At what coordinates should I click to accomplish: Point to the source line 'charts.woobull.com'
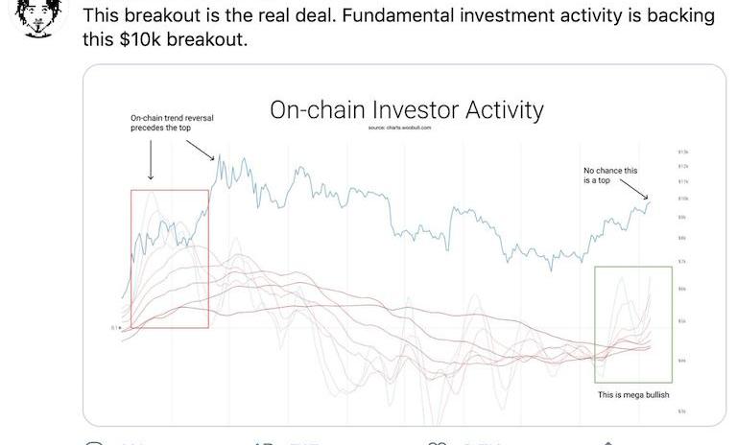pyautogui.click(x=407, y=127)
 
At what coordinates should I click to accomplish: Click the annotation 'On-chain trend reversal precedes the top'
pyautogui.click(x=172, y=123)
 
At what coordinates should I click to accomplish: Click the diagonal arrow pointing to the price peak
pyautogui.click(x=199, y=148)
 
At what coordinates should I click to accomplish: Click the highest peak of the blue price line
pyautogui.click(x=220, y=156)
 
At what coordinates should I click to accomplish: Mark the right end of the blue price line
pyautogui.click(x=650, y=200)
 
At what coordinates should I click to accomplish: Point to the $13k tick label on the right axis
pyautogui.click(x=683, y=152)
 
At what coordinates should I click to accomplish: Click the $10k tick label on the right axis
pyautogui.click(x=683, y=198)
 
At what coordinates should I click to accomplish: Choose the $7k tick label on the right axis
pyautogui.click(x=683, y=261)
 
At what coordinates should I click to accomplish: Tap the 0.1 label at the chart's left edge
pyautogui.click(x=114, y=328)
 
